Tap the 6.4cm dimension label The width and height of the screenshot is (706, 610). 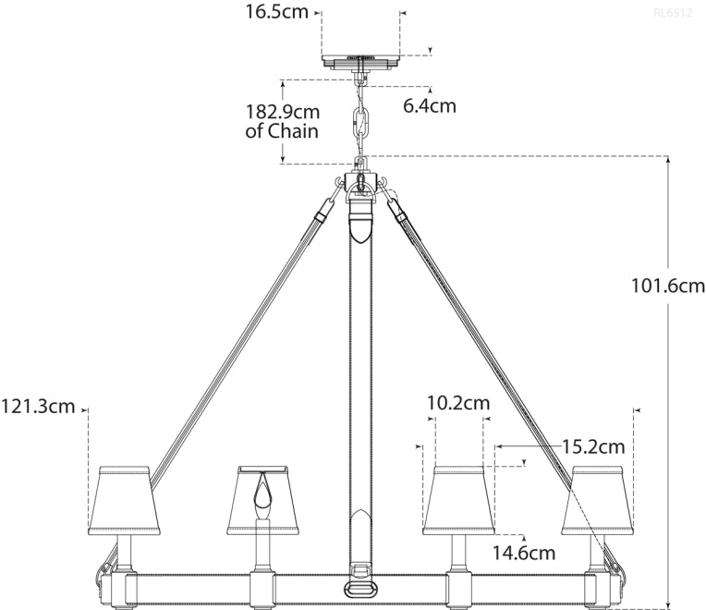pyautogui.click(x=429, y=105)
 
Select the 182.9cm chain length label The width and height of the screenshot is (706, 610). pyautogui.click(x=282, y=111)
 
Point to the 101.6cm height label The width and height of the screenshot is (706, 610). pyautogui.click(x=668, y=286)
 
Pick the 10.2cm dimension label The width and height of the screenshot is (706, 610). pyautogui.click(x=457, y=403)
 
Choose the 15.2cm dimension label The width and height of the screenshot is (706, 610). pyautogui.click(x=593, y=446)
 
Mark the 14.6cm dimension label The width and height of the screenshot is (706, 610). pyautogui.click(x=524, y=553)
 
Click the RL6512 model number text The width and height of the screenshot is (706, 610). pyautogui.click(x=673, y=13)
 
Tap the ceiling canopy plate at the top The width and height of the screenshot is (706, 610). pyautogui.click(x=360, y=61)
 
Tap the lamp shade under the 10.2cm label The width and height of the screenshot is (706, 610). pyautogui.click(x=457, y=500)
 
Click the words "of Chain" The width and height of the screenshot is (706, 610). pyautogui.click(x=282, y=131)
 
